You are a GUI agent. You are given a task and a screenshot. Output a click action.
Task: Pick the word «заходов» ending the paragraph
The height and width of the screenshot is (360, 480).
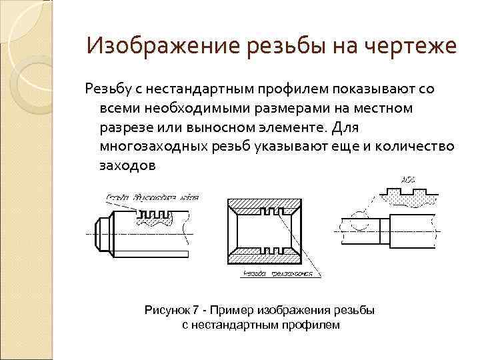pyautogui.click(x=127, y=166)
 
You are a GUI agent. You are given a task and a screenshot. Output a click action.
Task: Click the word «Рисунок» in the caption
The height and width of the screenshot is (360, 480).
pyautogui.click(x=167, y=310)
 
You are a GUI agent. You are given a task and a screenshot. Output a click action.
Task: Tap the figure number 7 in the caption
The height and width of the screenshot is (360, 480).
pyautogui.click(x=195, y=310)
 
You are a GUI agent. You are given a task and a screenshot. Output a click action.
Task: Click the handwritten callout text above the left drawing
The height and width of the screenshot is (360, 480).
pyautogui.click(x=152, y=198)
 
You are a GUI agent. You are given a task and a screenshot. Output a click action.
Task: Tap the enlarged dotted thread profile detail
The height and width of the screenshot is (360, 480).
pyautogui.click(x=406, y=196)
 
